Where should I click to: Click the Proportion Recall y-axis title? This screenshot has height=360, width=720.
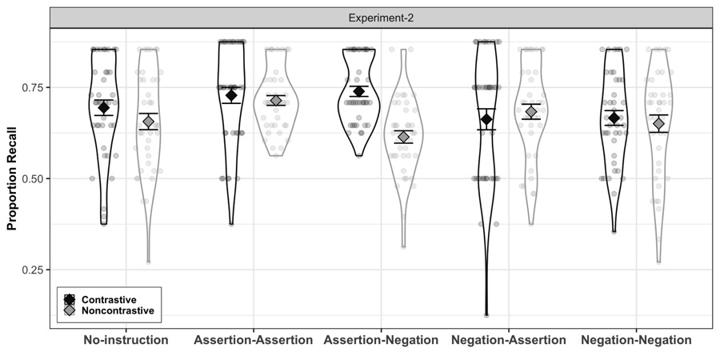pyautogui.click(x=11, y=178)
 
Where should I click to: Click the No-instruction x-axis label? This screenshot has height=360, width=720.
pyautogui.click(x=126, y=340)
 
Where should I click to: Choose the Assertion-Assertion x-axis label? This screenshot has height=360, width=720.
pyautogui.click(x=254, y=340)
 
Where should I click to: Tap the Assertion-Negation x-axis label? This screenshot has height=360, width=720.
pyautogui.click(x=381, y=340)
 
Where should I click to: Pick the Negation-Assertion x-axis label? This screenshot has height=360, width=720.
pyautogui.click(x=509, y=340)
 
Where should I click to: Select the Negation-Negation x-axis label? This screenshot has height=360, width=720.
pyautogui.click(x=637, y=340)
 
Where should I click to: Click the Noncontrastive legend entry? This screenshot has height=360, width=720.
pyautogui.click(x=109, y=311)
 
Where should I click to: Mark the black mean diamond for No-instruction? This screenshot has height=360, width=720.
pyautogui.click(x=104, y=108)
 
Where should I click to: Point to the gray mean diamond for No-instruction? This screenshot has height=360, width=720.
pyautogui.click(x=148, y=122)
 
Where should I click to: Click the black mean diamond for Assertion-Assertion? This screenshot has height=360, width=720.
pyautogui.click(x=231, y=95)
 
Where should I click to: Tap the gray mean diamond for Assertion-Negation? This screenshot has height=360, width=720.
pyautogui.click(x=403, y=137)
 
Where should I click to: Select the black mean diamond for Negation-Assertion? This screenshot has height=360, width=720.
pyautogui.click(x=486, y=119)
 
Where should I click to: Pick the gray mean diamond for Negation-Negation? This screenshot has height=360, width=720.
pyautogui.click(x=659, y=123)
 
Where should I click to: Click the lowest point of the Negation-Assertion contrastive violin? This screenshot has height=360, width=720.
pyautogui.click(x=486, y=315)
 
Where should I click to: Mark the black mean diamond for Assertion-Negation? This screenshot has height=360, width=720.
pyautogui.click(x=358, y=91)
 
